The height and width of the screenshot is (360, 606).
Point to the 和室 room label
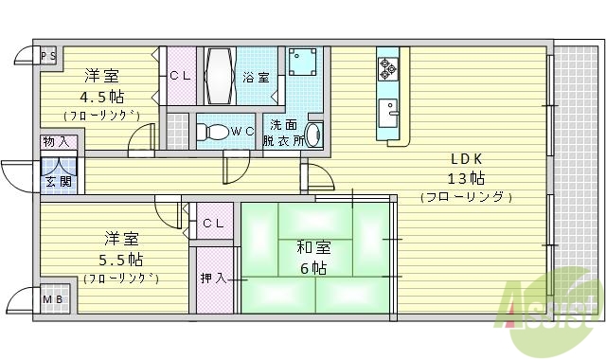pyautogui.click(x=313, y=248)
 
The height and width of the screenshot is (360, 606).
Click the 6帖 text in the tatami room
pyautogui.click(x=312, y=268)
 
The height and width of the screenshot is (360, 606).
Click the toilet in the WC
pyautogui.click(x=214, y=132)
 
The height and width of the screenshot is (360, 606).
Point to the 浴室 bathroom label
pyautogui.click(x=255, y=76)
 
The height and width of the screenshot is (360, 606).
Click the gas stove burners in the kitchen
pyautogui.click(x=388, y=67)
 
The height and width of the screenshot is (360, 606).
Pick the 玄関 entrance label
pyautogui.click(x=56, y=180)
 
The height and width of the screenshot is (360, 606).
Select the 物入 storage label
pyautogui.click(x=56, y=142)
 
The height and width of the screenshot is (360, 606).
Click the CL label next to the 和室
pyautogui.click(x=213, y=224)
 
